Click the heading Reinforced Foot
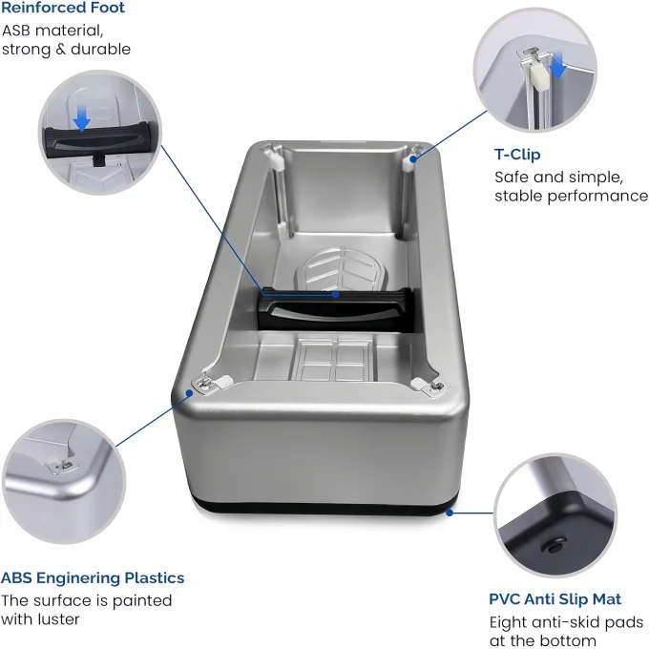63,9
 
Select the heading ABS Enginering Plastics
93,577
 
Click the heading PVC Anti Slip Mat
555,599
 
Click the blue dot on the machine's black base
449,513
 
